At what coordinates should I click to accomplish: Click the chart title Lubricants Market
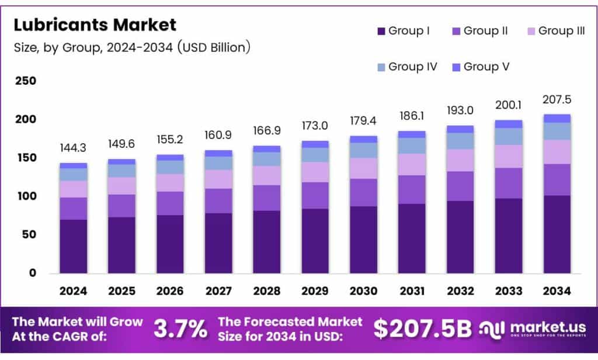click(x=95, y=25)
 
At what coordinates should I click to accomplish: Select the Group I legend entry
click(x=404, y=31)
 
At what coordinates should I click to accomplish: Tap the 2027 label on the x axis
click(x=218, y=290)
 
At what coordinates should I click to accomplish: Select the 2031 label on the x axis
click(x=412, y=290)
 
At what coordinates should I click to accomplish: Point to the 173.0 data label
click(x=315, y=126)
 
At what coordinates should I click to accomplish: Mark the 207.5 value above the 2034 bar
click(x=557, y=99)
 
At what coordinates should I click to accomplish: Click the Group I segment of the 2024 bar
click(x=74, y=246)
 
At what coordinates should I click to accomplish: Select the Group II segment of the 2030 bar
click(x=364, y=192)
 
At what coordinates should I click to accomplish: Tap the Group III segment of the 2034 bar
click(x=557, y=152)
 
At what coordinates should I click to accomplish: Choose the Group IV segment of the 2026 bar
click(x=170, y=167)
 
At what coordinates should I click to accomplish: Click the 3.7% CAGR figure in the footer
click(x=180, y=329)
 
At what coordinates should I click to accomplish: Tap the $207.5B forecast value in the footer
click(x=422, y=329)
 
